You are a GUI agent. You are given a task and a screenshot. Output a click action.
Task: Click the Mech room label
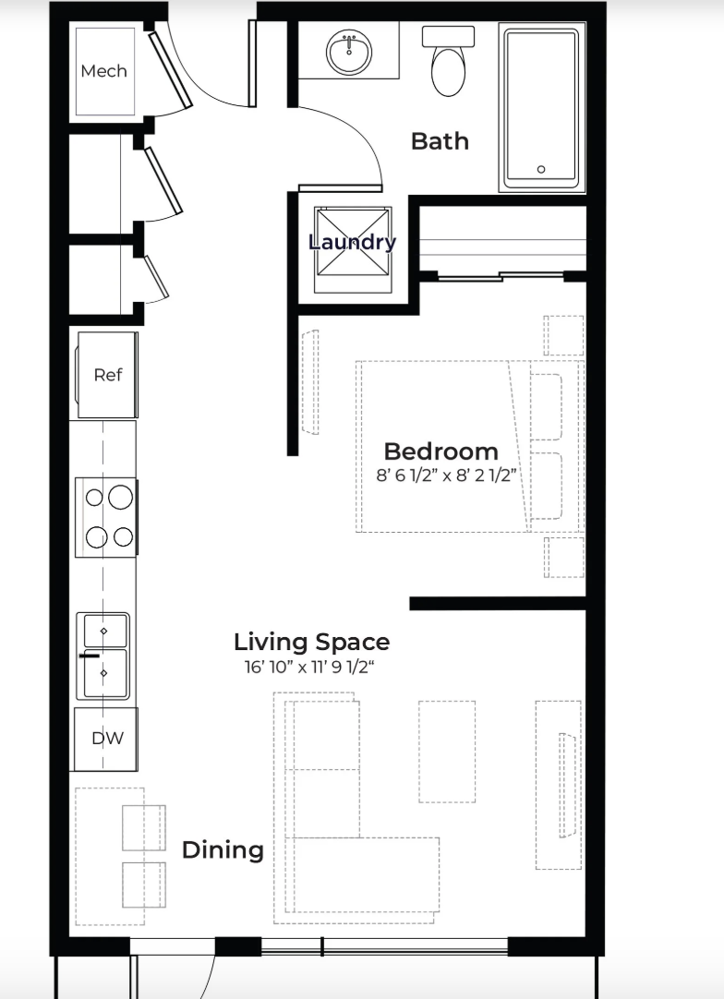(103, 71)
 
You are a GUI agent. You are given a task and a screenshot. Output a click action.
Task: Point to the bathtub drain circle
(541, 170)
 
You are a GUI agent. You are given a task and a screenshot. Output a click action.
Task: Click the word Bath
(440, 141)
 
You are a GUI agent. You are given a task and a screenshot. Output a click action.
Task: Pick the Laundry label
(352, 242)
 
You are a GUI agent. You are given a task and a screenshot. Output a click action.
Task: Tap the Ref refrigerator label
(108, 375)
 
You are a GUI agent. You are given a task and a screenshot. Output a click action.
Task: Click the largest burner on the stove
(120, 497)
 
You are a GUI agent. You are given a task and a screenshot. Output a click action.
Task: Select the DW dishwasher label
(108, 739)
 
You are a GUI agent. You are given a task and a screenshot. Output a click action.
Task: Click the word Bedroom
(441, 451)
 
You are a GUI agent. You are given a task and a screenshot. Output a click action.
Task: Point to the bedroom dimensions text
(445, 475)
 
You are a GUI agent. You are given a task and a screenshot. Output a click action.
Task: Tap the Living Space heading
(311, 643)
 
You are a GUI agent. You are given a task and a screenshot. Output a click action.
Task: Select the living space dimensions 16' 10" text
(316, 667)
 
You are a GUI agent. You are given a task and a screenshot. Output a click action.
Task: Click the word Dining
(223, 850)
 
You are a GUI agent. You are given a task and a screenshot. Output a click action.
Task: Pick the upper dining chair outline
(143, 827)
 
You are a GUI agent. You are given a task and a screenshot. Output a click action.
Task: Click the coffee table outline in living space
(447, 752)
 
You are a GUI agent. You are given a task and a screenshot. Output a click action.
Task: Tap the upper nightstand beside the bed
(564, 336)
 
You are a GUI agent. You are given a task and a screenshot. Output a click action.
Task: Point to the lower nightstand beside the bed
(564, 558)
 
